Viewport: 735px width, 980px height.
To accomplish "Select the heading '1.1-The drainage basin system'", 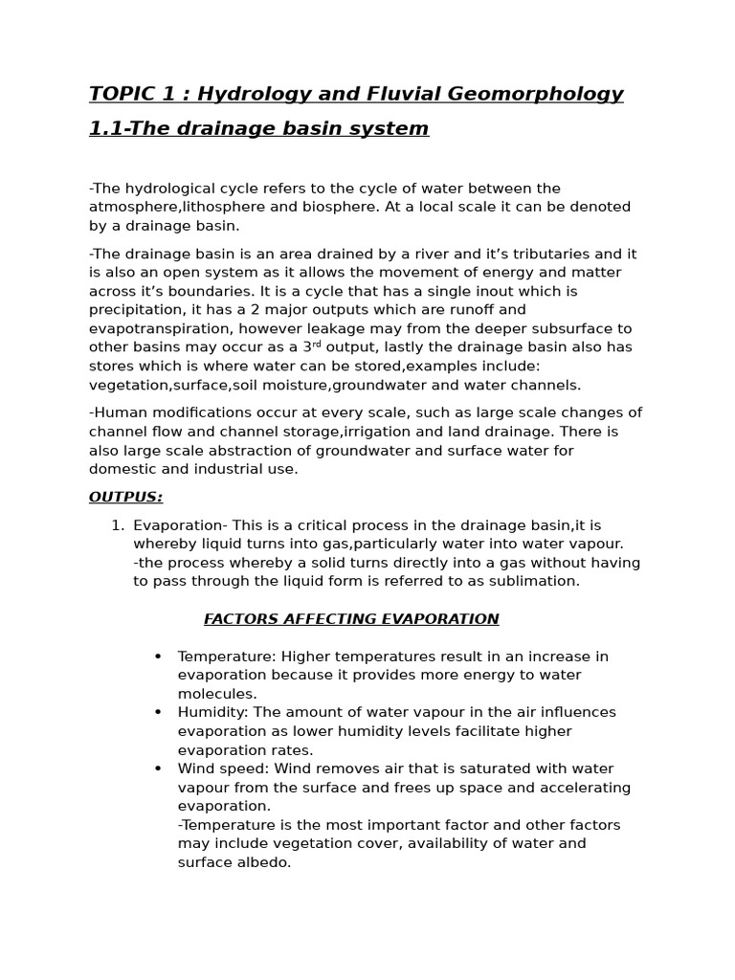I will tap(258, 128).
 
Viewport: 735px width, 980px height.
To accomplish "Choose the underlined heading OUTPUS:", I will tap(125, 497).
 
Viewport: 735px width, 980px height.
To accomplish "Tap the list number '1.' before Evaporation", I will tap(117, 525).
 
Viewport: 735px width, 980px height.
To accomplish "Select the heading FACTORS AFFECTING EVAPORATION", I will tap(351, 619).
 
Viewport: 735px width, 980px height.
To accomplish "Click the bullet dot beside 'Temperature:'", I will tap(158, 657).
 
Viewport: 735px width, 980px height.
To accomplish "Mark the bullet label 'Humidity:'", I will tap(212, 712).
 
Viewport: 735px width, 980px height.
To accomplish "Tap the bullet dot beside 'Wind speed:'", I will tap(158, 768).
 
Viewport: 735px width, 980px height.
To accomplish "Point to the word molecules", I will tap(215, 694).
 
